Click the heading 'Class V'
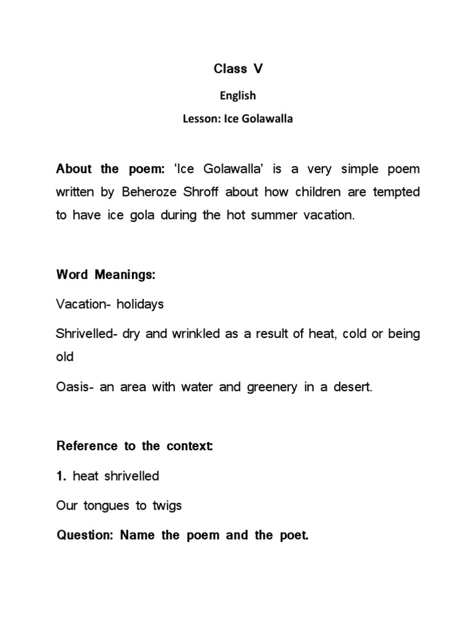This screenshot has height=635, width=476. (238, 69)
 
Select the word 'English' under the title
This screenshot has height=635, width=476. (238, 95)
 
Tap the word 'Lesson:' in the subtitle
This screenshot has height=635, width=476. (201, 119)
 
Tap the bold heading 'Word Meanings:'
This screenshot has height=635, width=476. (105, 275)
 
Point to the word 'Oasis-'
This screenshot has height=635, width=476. (75, 388)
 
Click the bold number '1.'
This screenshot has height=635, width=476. (61, 476)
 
